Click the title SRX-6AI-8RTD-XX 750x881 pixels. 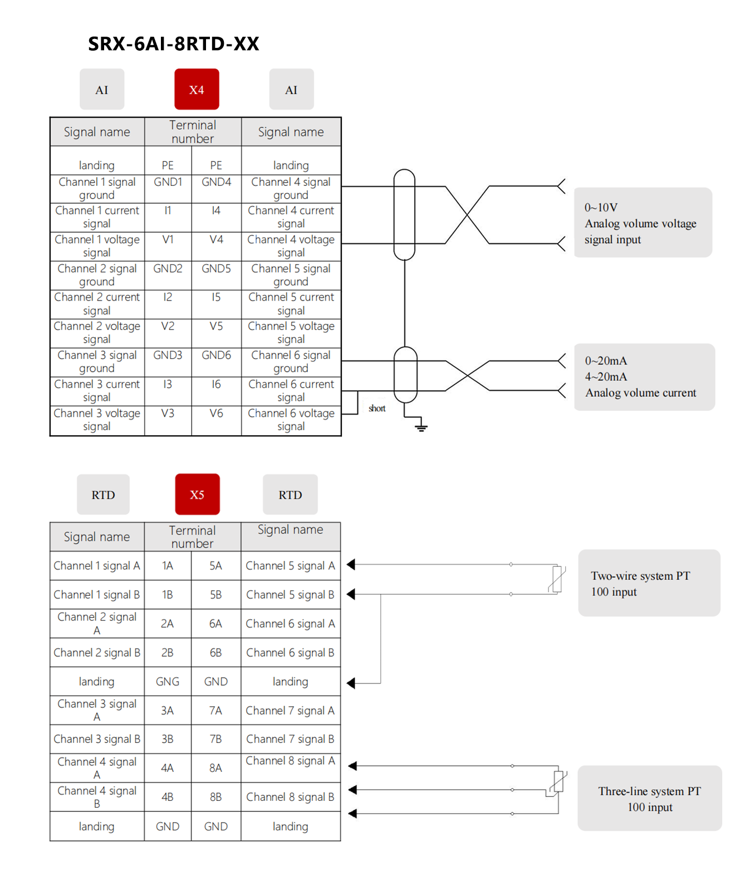174,44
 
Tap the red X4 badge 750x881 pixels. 197,90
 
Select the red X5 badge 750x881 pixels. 197,494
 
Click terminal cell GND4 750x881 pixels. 216,182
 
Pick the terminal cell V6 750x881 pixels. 216,414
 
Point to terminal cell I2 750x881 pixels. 168,297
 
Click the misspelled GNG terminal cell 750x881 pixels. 168,681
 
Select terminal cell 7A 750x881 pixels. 215,710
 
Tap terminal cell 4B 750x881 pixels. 168,797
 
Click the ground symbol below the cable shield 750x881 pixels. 421,427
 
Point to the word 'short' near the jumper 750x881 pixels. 377,408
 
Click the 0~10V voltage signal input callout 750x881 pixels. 643,223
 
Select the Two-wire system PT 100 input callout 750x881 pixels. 649,583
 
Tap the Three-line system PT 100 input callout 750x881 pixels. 649,799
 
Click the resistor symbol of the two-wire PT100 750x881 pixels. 557,579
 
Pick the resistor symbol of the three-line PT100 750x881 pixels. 558,782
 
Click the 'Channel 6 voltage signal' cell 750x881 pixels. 291,420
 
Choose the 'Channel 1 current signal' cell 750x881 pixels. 97,217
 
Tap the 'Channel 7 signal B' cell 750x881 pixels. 290,739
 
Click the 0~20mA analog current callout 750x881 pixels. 644,377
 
